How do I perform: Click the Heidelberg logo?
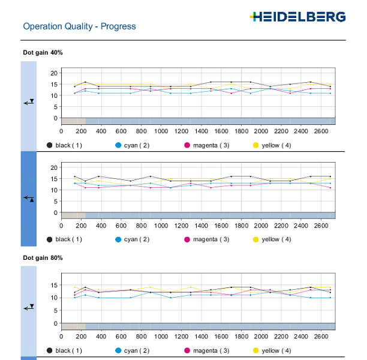[297, 16]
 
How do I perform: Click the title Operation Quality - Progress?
[79, 26]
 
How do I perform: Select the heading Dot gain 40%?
[43, 52]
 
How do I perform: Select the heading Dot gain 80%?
[43, 257]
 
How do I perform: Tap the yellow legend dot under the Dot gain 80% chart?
[257, 350]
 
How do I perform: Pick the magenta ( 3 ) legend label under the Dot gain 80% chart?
[210, 350]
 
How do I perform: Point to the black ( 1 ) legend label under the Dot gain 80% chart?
[68, 350]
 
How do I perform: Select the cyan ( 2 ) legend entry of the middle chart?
[139, 239]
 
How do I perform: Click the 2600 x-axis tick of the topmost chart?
[320, 131]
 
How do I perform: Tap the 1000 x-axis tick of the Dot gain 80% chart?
[161, 336]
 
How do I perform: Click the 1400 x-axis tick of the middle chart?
[200, 225]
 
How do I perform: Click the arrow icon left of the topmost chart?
[29, 103]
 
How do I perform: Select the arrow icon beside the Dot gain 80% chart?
[29, 307]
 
